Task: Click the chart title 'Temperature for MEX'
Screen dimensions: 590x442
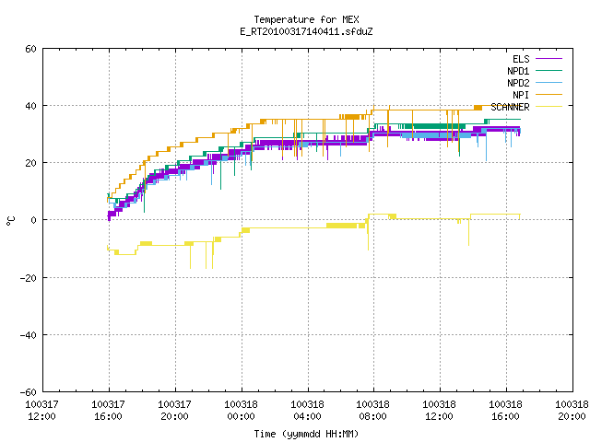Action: [x=306, y=19]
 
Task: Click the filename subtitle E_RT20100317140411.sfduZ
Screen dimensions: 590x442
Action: [x=306, y=31]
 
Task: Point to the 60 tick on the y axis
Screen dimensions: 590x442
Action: [x=30, y=49]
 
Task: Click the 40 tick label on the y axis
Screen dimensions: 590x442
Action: [x=30, y=106]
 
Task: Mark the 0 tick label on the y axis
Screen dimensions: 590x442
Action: [x=34, y=220]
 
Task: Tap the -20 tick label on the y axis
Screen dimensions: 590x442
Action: [x=29, y=278]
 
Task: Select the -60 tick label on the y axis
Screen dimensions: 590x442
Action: [x=29, y=392]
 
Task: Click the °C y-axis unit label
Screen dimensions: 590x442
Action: [x=11, y=221]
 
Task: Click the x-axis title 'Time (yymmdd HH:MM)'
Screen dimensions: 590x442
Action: [x=306, y=434]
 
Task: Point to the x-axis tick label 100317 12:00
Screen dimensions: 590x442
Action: [x=41, y=411]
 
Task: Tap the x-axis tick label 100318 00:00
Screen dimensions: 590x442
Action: [x=241, y=411]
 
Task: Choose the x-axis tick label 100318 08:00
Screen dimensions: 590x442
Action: [x=372, y=411]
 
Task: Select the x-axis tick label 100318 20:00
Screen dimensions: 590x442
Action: [x=572, y=411]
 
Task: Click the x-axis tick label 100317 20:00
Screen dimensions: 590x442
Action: [x=174, y=411]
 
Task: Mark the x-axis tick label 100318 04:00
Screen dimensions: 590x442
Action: [x=307, y=411]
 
